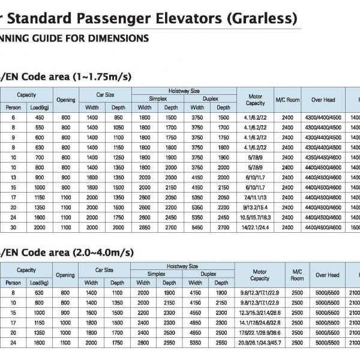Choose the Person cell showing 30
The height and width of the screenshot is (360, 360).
pyautogui.click(x=13, y=227)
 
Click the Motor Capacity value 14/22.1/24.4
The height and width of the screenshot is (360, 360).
pyautogui.click(x=255, y=227)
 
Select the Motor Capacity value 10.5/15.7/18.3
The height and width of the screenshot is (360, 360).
pyautogui.click(x=255, y=217)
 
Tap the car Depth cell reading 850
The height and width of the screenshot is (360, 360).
pyautogui.click(x=118, y=118)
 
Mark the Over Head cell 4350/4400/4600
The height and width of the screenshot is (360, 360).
pyautogui.click(x=323, y=157)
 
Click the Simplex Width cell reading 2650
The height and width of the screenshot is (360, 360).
pyautogui.click(x=145, y=227)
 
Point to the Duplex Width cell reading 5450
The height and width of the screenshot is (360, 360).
pyautogui.click(x=197, y=227)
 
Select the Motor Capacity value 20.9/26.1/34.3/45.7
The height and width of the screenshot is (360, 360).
pyautogui.click(x=259, y=343)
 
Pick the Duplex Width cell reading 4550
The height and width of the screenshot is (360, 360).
pyautogui.click(x=197, y=313)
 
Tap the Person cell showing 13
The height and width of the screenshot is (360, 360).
pyautogui.click(x=13, y=178)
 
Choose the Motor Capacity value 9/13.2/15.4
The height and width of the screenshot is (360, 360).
pyautogui.click(x=255, y=208)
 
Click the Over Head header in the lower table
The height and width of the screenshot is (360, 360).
pyautogui.click(x=327, y=275)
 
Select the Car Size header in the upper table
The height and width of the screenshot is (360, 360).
pyautogui.click(x=104, y=95)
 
